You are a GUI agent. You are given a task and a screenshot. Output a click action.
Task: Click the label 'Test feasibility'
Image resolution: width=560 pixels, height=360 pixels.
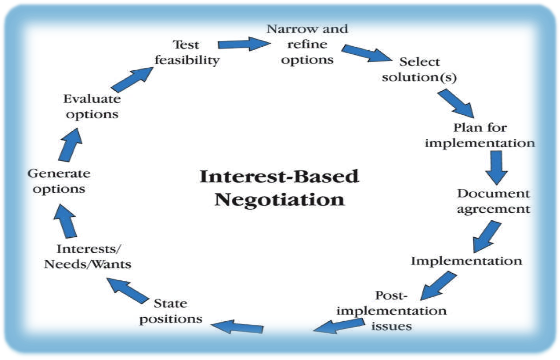pyautogui.click(x=186, y=52)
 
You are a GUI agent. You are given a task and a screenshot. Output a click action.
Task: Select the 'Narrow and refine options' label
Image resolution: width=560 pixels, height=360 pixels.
pyautogui.click(x=307, y=44)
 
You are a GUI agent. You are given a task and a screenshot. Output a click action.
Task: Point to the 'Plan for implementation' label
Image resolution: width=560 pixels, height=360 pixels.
pyautogui.click(x=479, y=135)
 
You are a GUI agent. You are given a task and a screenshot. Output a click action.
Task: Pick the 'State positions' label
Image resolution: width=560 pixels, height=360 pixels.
pyautogui.click(x=171, y=311)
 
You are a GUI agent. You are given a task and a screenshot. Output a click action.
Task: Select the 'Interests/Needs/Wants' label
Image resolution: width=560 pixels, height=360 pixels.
pyautogui.click(x=88, y=256)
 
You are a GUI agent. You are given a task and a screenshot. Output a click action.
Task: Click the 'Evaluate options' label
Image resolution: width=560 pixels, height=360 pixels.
pyautogui.click(x=91, y=106)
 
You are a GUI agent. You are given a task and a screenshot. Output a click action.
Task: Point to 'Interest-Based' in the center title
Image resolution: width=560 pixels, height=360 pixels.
pyautogui.click(x=279, y=176)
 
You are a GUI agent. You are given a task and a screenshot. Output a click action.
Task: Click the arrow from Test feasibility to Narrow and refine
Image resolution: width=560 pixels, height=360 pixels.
pyautogui.click(x=244, y=44)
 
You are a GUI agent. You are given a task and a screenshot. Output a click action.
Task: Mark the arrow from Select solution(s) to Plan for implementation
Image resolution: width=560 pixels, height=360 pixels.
pyautogui.click(x=455, y=104)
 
